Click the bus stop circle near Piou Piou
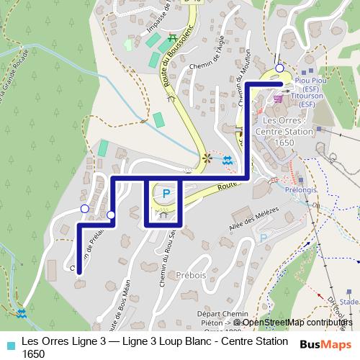[279, 69]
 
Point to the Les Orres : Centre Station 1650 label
[286, 131]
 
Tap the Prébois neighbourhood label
[191, 274]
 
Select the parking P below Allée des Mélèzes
[264, 237]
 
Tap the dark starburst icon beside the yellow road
[208, 158]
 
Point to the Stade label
[350, 302]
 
